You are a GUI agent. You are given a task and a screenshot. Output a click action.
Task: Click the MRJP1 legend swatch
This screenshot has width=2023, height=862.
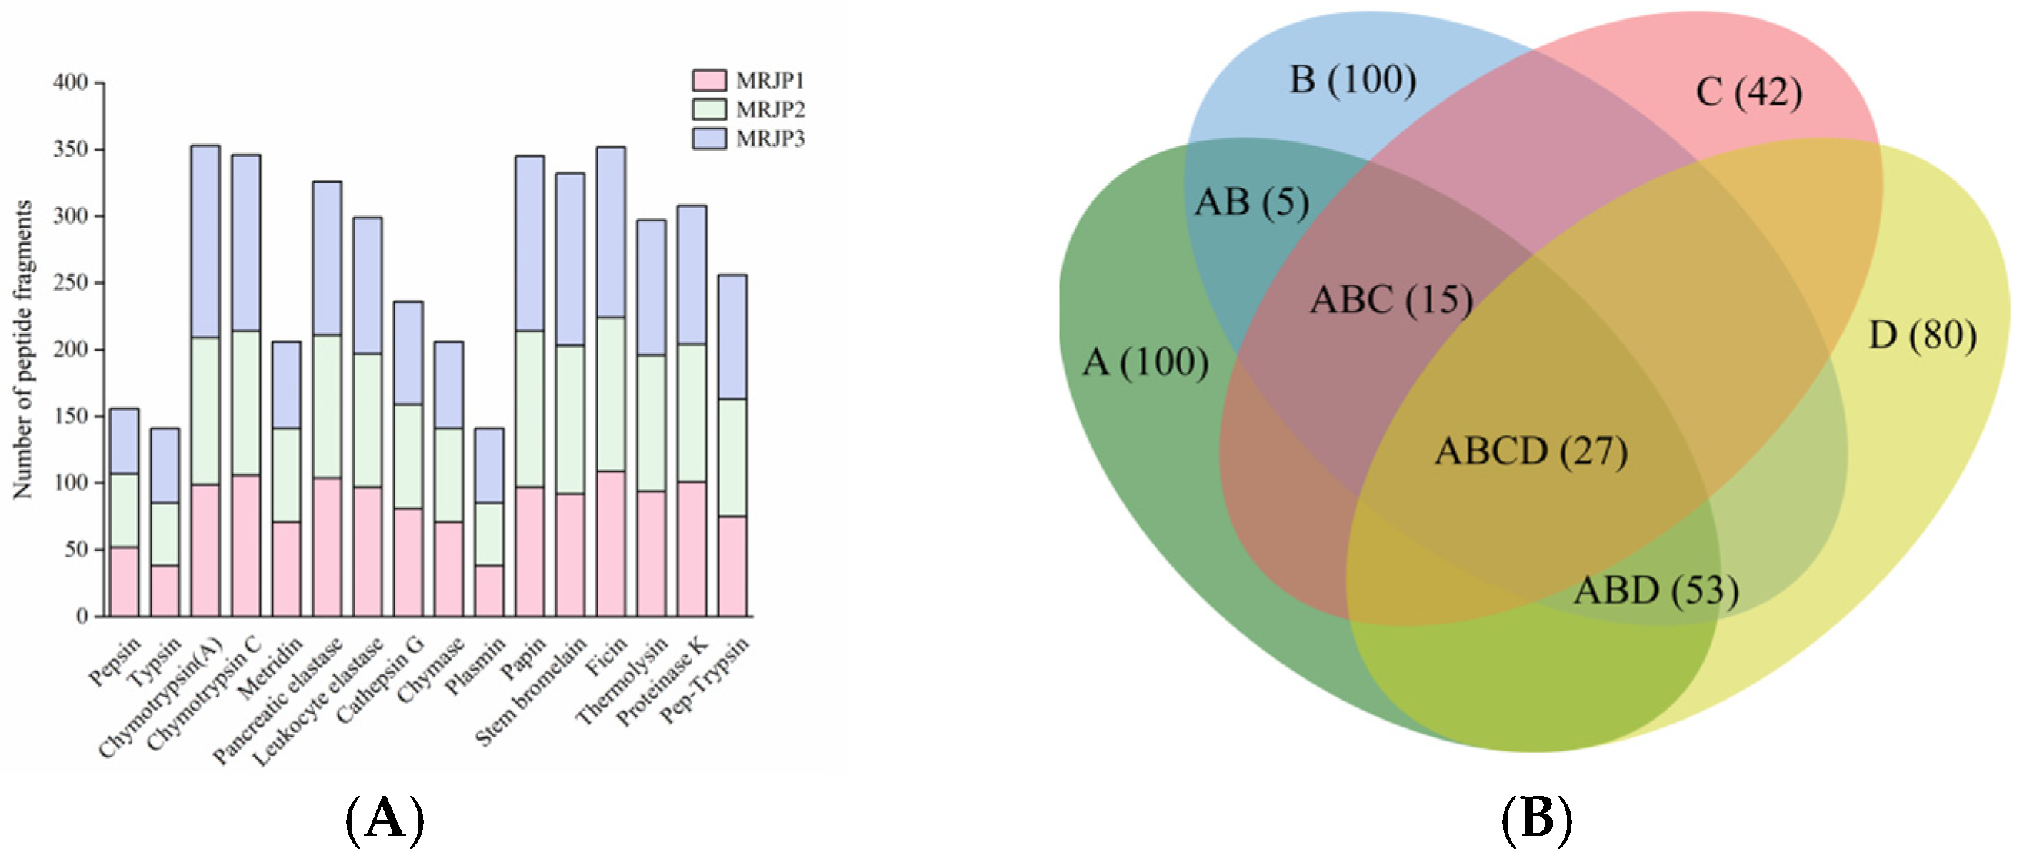point(708,80)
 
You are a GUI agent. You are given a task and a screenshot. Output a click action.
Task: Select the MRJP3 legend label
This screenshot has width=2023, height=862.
point(770,138)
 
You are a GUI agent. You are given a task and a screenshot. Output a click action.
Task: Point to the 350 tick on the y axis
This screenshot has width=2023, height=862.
point(71,149)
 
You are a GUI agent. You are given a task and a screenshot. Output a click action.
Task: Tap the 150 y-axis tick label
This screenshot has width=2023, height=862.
point(71,416)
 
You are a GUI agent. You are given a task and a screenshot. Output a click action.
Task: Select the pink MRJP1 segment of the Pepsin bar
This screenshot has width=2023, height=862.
point(124,581)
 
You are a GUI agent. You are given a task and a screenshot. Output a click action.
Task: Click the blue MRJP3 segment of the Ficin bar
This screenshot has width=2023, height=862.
point(611,231)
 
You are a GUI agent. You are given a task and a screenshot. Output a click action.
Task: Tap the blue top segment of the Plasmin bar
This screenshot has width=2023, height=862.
point(489,464)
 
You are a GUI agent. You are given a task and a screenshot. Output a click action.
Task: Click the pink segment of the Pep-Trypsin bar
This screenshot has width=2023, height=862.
point(732,565)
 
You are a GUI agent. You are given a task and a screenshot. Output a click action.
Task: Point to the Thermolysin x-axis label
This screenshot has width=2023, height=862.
point(622,680)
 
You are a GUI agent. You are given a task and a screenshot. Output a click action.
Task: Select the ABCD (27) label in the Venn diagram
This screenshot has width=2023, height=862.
point(1531,451)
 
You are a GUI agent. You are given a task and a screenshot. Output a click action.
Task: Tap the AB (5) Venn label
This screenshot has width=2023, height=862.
point(1251,202)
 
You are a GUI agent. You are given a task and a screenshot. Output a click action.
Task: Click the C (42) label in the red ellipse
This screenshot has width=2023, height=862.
point(1748,92)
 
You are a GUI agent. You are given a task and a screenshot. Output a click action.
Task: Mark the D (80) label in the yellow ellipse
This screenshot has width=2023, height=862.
point(1922,335)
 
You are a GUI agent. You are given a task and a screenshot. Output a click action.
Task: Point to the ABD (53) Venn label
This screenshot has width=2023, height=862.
point(1655,591)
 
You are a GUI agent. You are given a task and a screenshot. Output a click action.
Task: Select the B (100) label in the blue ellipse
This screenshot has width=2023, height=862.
point(1352,80)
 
